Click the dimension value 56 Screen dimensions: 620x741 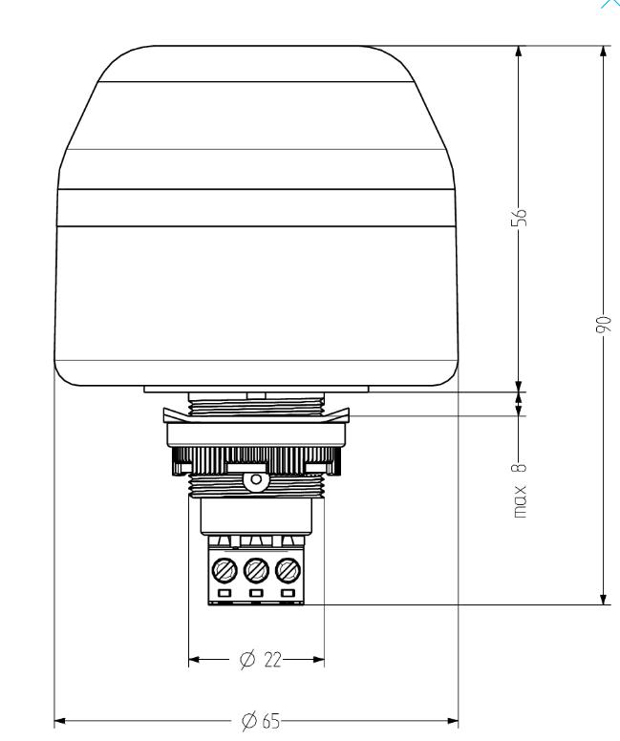coord(519,217)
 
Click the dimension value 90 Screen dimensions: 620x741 coord(604,325)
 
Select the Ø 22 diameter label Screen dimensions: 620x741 coord(260,659)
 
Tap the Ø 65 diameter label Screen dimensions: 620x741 coord(261,721)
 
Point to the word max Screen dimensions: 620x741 coord(520,501)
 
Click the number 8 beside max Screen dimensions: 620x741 coord(519,468)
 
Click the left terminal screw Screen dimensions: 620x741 coord(224,570)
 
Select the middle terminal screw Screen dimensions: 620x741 coord(256,570)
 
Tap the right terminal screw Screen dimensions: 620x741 coord(288,570)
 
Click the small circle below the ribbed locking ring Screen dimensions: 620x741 coord(256,479)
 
